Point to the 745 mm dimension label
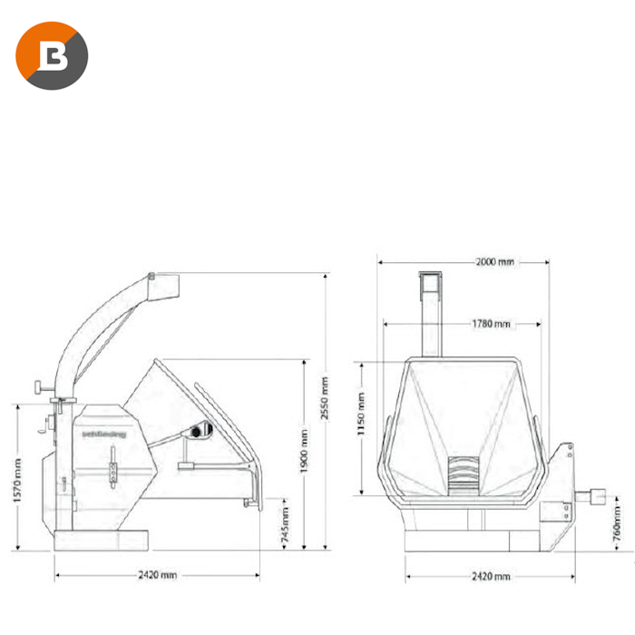pos(285,523)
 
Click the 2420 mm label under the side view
pos(159,575)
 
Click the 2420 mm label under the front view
pos(491,576)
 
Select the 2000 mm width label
pos(494,261)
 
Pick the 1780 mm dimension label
pos(490,324)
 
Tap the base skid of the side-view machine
pos(100,542)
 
